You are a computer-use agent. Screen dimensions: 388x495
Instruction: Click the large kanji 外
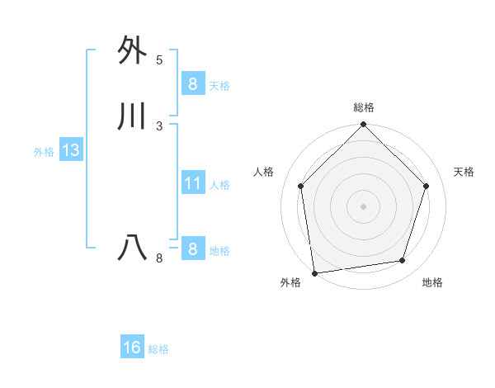[133, 50]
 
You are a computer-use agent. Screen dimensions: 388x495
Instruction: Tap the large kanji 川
[133, 117]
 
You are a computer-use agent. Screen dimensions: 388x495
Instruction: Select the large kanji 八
[133, 248]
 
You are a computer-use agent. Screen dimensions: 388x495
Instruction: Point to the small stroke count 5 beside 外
[159, 60]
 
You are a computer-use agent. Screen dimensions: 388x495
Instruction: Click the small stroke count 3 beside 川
[159, 126]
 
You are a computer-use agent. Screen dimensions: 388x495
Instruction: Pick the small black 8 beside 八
[159, 258]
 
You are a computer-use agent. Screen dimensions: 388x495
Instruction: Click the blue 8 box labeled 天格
[192, 83]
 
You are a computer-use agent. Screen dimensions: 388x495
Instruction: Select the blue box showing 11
[192, 182]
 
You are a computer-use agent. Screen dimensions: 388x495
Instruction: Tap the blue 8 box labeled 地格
[192, 248]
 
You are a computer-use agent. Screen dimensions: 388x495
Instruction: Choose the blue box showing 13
[70, 150]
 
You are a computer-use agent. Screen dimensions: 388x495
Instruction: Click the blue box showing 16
[132, 348]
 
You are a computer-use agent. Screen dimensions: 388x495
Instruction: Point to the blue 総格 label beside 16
[158, 349]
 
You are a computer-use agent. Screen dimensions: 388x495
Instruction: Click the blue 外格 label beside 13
[44, 152]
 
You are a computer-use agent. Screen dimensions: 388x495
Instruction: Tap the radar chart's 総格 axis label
[364, 107]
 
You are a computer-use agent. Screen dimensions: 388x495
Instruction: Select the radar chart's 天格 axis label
[464, 172]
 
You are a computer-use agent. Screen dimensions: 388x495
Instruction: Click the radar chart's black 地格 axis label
[432, 283]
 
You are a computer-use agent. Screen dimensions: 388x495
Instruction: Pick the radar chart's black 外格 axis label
[290, 283]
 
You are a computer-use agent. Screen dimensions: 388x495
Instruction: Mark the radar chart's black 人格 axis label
[264, 172]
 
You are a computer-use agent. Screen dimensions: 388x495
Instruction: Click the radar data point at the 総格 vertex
[364, 125]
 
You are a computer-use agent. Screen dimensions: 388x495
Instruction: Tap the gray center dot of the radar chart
[364, 206]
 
